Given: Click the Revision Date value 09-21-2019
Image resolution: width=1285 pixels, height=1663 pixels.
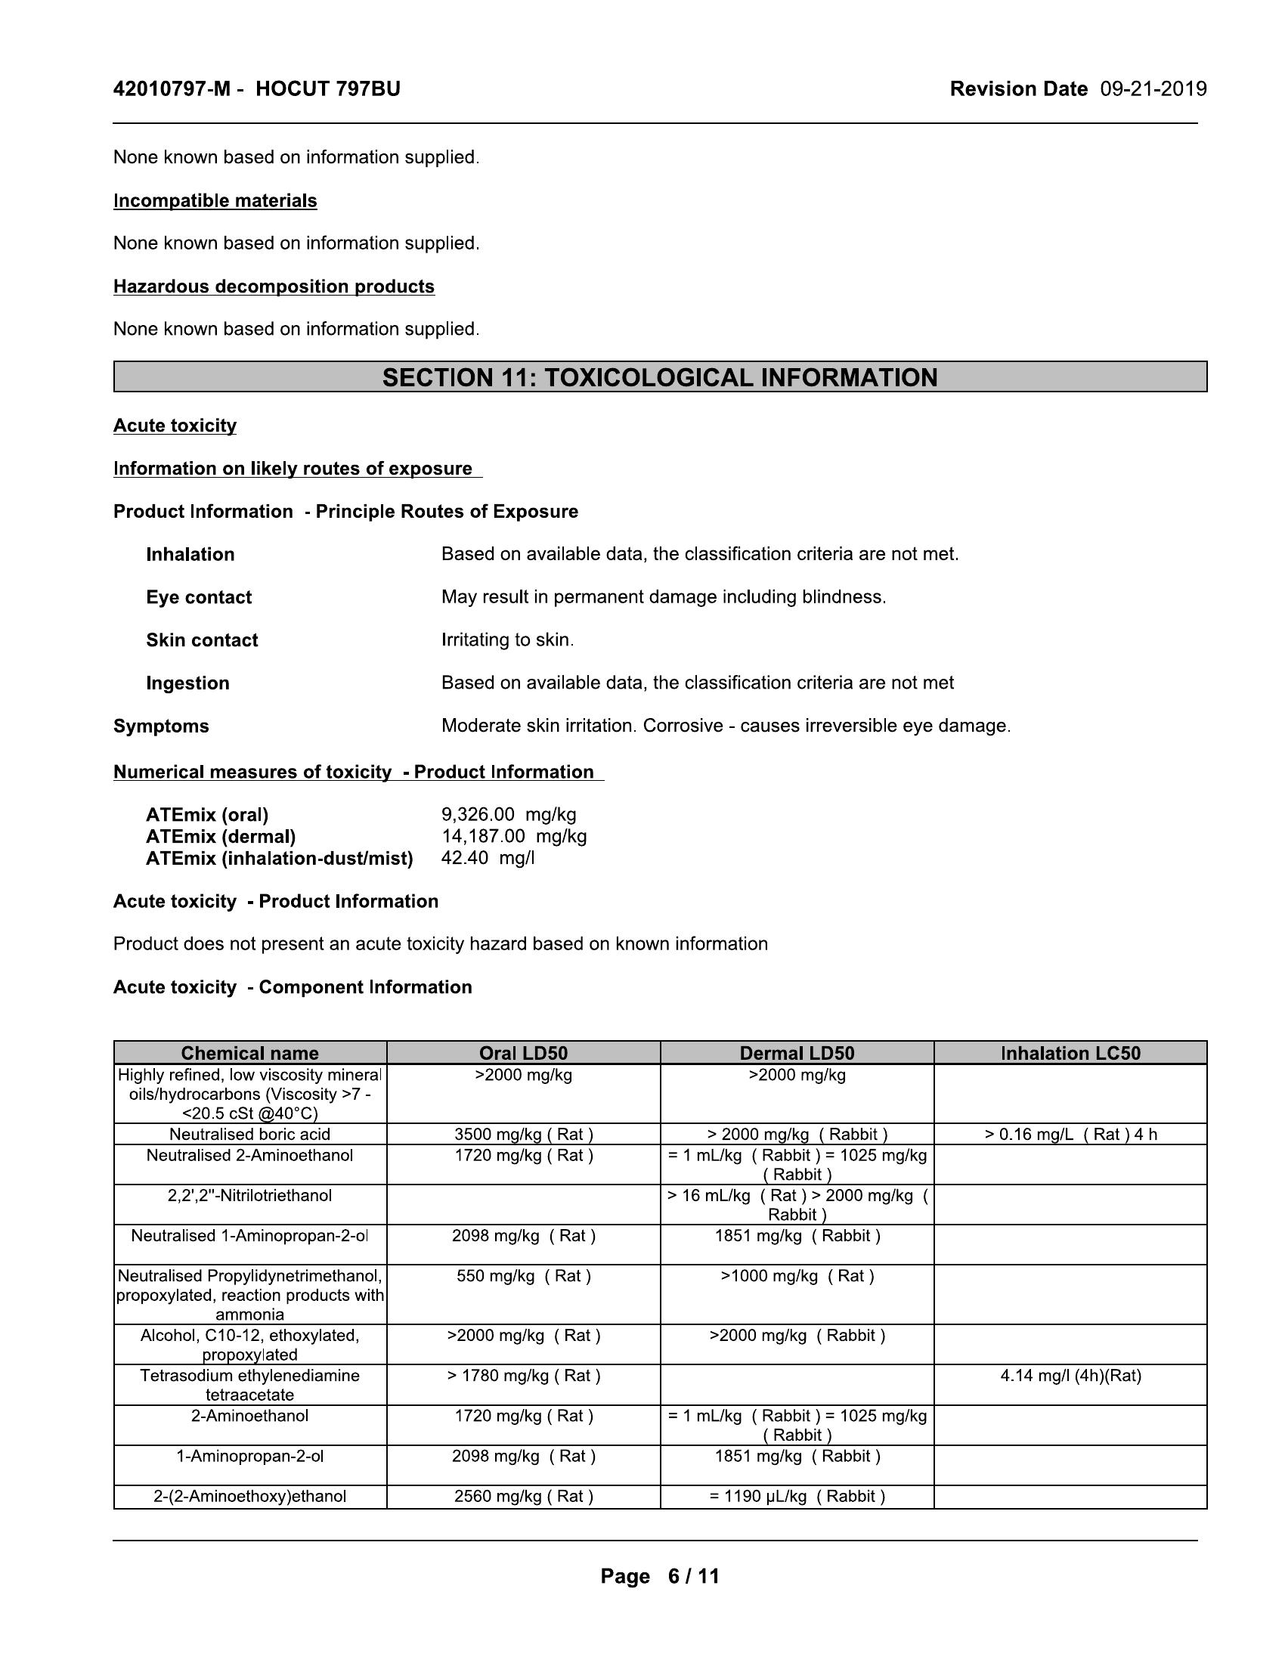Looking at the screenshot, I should tap(1153, 89).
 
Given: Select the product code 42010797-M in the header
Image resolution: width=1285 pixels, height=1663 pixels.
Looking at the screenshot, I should tap(172, 89).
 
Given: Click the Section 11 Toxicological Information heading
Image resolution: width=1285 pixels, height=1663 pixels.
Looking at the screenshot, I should tap(659, 378).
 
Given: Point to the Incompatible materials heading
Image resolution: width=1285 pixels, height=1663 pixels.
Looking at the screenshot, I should tap(215, 200).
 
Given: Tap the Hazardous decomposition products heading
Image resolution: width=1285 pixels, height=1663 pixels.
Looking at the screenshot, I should tap(274, 286).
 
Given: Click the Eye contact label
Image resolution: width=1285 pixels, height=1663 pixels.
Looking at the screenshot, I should tap(199, 597).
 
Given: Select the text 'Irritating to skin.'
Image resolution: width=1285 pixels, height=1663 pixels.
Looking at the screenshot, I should tap(507, 639).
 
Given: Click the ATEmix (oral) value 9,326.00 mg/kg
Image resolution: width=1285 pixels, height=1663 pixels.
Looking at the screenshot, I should tap(509, 815).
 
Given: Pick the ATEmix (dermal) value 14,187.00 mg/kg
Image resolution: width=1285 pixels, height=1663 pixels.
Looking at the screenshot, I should tap(514, 836).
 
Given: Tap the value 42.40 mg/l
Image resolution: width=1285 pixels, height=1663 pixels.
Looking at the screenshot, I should tap(488, 858).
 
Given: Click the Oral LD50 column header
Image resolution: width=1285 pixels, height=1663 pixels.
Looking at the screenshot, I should tap(523, 1053).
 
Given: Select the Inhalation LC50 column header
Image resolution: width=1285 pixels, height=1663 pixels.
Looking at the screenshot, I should tap(1070, 1053).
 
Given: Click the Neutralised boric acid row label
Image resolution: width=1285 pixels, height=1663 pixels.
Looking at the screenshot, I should tap(249, 1135).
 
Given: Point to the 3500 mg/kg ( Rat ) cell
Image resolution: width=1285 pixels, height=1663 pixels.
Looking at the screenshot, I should tap(524, 1135).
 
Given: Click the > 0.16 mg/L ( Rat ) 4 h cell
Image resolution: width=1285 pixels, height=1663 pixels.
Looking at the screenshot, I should tap(1070, 1135).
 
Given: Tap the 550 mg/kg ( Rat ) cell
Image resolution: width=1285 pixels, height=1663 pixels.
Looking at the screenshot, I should tap(524, 1276).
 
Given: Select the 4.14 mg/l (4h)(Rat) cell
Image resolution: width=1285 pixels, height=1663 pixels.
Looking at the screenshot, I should tap(1070, 1376).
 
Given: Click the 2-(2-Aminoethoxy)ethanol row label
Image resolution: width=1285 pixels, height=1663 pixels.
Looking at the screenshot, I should tap(249, 1496).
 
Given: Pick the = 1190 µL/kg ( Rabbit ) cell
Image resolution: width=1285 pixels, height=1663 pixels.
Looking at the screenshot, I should tap(797, 1496).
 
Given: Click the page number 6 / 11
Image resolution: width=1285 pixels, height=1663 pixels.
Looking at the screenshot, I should tap(692, 1576).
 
